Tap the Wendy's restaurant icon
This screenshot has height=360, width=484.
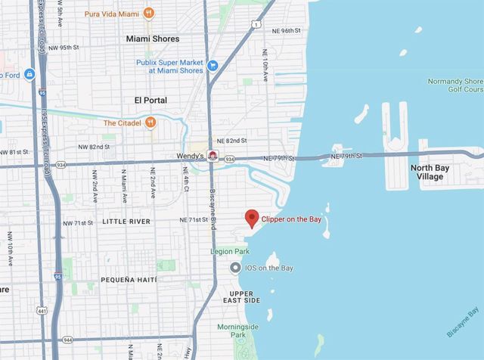(213, 157)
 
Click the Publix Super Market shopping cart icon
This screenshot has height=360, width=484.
(213, 65)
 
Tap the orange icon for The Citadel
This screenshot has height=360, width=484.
(151, 122)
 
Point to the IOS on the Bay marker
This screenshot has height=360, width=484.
(236, 268)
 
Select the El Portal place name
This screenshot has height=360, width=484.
(150, 100)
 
